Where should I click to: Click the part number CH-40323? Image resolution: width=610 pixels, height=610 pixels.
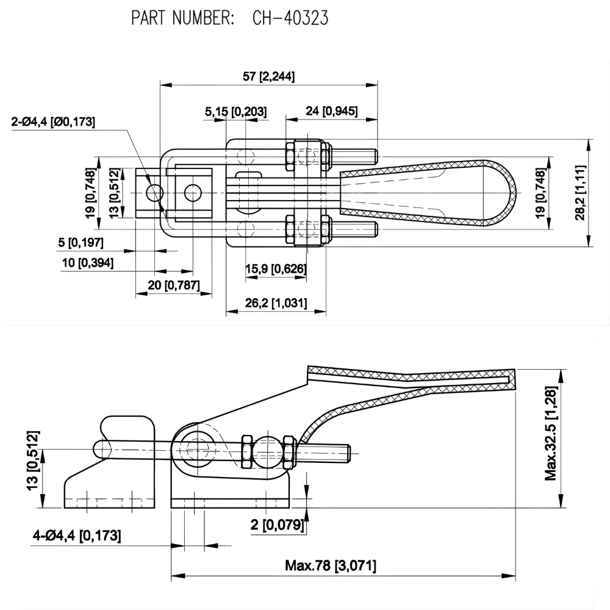[290, 18]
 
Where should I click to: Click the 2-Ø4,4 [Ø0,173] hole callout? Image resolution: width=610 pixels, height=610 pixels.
[54, 122]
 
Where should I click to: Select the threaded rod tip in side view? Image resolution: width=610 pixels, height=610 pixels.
[347, 453]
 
